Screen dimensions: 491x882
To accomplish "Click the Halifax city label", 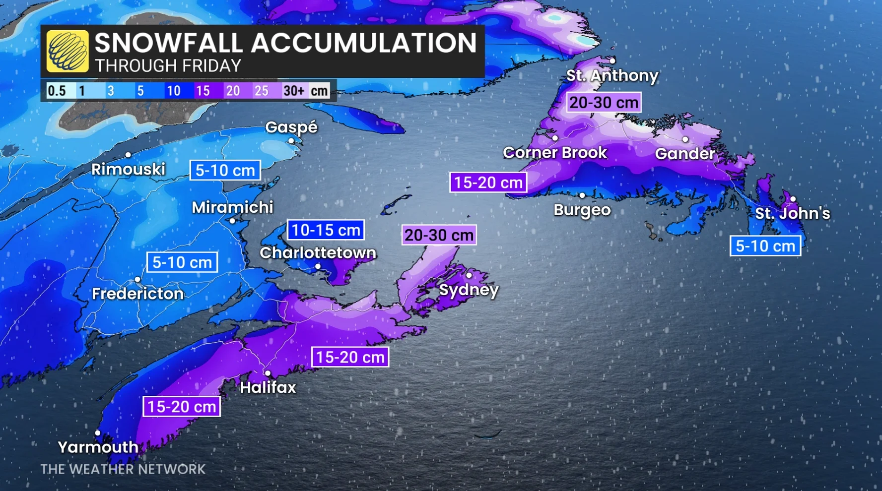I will tap(268, 387).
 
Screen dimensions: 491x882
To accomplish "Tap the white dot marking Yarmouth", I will tap(98, 433).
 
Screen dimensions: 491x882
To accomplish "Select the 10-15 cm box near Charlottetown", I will tap(326, 230).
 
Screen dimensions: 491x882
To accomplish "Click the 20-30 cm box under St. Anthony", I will tap(604, 103).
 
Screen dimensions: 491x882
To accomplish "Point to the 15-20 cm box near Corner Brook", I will tap(488, 183).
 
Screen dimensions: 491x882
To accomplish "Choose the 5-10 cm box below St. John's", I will tap(765, 246).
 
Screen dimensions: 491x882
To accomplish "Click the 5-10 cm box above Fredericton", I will tap(182, 262).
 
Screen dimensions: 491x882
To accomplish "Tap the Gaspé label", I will tap(291, 127).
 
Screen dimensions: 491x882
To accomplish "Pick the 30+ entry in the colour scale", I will tap(293, 91).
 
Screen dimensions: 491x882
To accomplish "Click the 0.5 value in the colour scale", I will tap(57, 91).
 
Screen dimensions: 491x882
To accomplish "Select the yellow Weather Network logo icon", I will tap(68, 51).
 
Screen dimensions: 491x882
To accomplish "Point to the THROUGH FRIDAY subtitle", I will tap(168, 66).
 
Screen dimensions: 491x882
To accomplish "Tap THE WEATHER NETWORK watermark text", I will tap(123, 469).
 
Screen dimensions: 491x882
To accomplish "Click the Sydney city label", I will tap(469, 290).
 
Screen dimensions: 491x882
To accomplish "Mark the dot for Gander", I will tap(685, 140).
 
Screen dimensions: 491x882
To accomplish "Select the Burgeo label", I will tap(582, 210).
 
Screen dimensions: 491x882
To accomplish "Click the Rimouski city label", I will tap(128, 170).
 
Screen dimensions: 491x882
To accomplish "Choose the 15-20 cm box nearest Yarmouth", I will tap(182, 407).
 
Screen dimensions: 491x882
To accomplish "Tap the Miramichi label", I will tap(232, 207).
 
